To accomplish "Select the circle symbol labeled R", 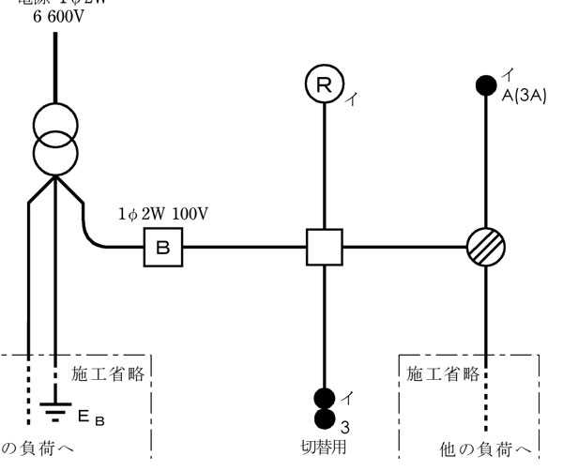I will pos(323,85).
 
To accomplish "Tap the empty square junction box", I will pos(325,248).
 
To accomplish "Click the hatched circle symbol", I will pos(486,248).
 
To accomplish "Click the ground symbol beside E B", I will pos(54,408).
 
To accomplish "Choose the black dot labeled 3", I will pos(325,418).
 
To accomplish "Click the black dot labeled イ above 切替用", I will pos(325,397).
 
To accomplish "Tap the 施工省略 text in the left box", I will pos(108,373).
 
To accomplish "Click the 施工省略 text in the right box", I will pos(442,373).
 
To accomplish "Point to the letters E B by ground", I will pos(92,416).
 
